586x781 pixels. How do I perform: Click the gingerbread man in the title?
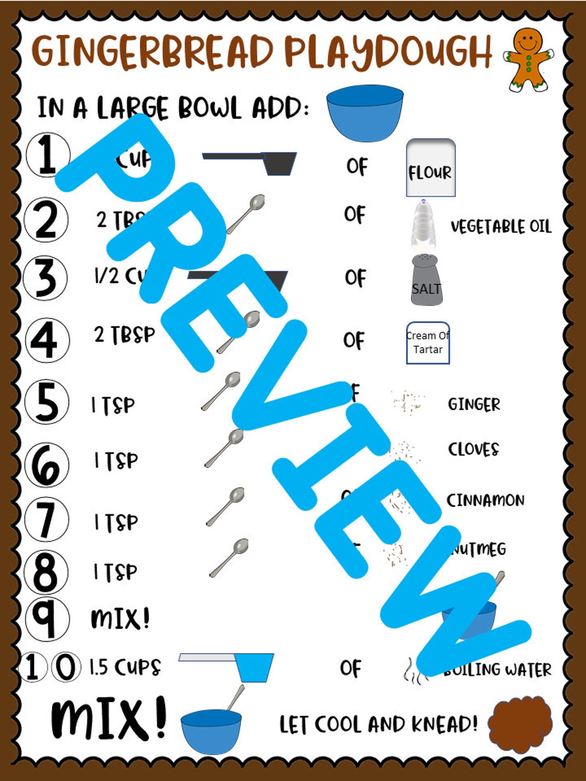528,59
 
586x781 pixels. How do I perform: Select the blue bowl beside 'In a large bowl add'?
365,113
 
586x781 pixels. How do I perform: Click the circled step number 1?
47,155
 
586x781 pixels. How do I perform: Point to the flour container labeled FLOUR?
430,168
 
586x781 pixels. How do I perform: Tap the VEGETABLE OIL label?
501,227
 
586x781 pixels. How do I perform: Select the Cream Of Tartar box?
428,343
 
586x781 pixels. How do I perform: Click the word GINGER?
473,404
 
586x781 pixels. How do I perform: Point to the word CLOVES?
473,449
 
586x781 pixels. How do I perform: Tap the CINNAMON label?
485,500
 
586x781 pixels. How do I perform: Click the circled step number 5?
46,402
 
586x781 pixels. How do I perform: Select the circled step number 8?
46,571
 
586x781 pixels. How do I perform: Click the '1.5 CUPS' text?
125,667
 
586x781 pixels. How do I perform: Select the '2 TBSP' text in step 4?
124,335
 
